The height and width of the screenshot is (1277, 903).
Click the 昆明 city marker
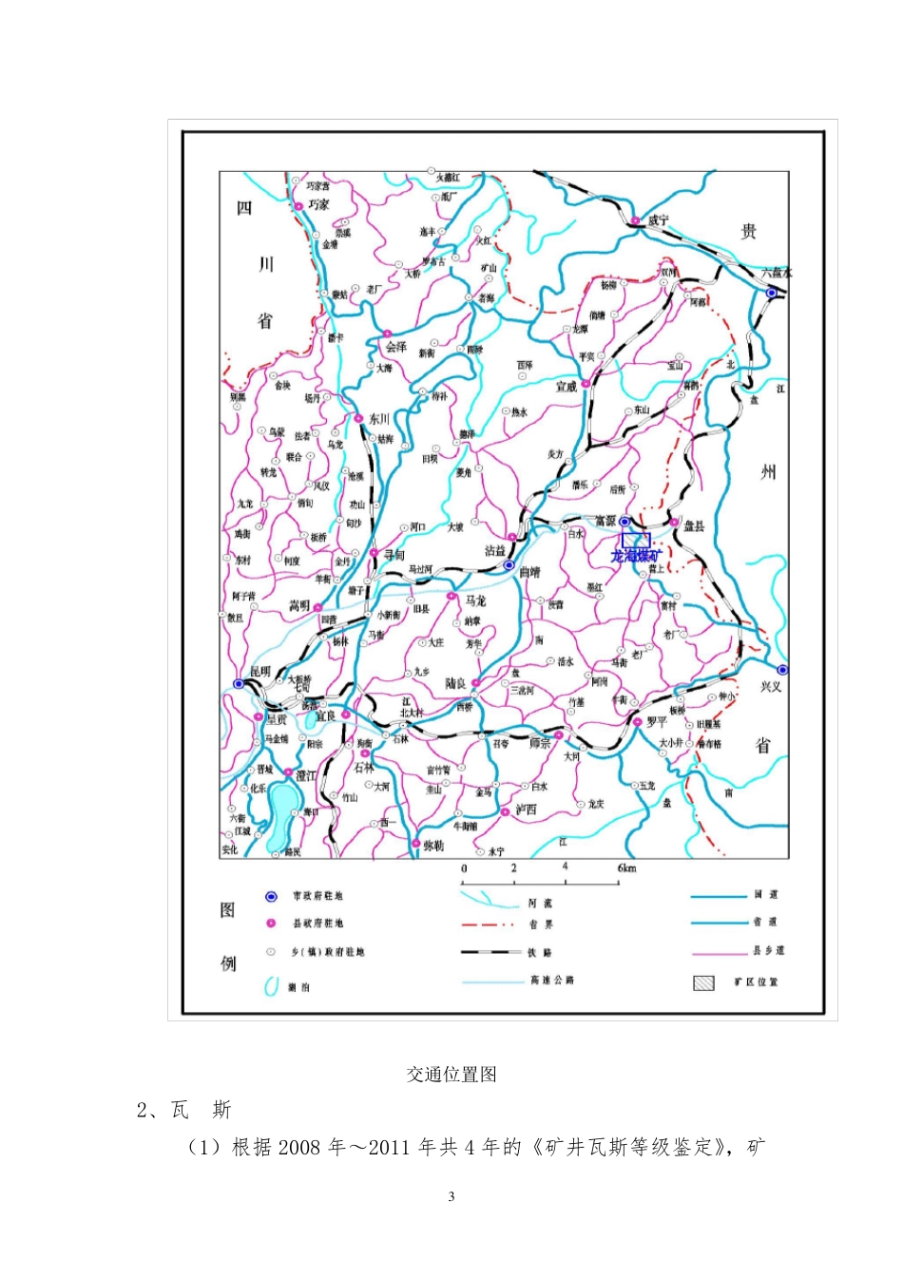[x=239, y=683]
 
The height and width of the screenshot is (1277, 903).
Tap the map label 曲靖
[x=529, y=573]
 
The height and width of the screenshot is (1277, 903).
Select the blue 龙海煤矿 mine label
[x=635, y=555]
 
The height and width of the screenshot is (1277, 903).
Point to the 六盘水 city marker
[x=772, y=293]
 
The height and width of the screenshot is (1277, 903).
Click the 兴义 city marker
[x=782, y=670]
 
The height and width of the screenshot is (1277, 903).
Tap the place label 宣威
[x=567, y=387]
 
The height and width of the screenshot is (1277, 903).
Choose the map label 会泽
[x=396, y=347]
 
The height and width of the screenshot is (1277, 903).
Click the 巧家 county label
[x=318, y=204]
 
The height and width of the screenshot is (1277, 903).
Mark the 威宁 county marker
[x=634, y=221]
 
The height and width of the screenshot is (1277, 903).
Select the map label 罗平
[x=657, y=721]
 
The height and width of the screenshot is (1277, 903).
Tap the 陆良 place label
[x=456, y=684]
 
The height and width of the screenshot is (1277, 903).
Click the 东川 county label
[x=379, y=419]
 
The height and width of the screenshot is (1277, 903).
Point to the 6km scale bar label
[x=626, y=868]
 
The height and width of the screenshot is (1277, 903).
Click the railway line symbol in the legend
[x=490, y=952]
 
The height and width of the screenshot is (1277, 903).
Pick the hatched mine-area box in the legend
[x=703, y=982]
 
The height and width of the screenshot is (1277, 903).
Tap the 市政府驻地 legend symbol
[x=271, y=896]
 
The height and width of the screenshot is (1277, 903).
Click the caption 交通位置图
[x=451, y=1075]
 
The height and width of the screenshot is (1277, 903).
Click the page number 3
[x=451, y=1196]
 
